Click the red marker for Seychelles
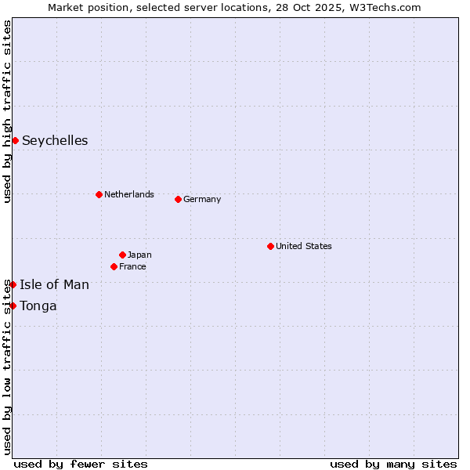tap(15, 140)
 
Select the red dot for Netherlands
tap(99, 194)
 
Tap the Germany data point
tap(178, 199)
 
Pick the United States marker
tap(270, 246)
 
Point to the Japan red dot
tap(122, 255)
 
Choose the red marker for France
tap(114, 266)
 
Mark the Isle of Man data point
tap(13, 284)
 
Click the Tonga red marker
tap(13, 305)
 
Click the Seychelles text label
tap(55, 141)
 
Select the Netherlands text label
tap(129, 194)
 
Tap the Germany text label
tap(202, 199)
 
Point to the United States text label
tap(304, 246)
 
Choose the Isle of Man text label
tap(54, 285)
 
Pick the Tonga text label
tap(38, 306)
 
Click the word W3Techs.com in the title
tap(385, 7)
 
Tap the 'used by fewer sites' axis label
tap(81, 464)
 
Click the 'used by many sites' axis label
tap(393, 464)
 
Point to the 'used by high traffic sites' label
tap(7, 112)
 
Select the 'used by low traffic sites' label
tap(7, 368)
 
